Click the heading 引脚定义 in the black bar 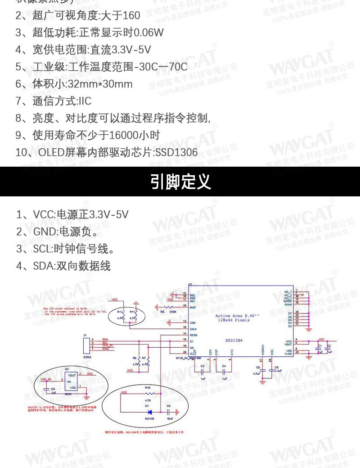(x=180, y=182)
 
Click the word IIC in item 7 (x=85, y=101)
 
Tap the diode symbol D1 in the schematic (x=149, y=412)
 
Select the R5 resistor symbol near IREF (x=171, y=307)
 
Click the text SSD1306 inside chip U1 (x=234, y=341)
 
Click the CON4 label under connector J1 (x=87, y=357)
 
